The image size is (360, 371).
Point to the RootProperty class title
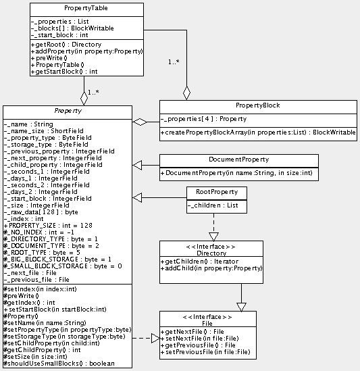click(x=216, y=192)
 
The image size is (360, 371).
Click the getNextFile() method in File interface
click(x=195, y=332)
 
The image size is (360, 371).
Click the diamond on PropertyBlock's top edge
click(x=187, y=92)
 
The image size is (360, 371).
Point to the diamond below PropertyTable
click(x=84, y=97)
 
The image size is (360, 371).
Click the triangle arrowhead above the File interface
click(x=241, y=305)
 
